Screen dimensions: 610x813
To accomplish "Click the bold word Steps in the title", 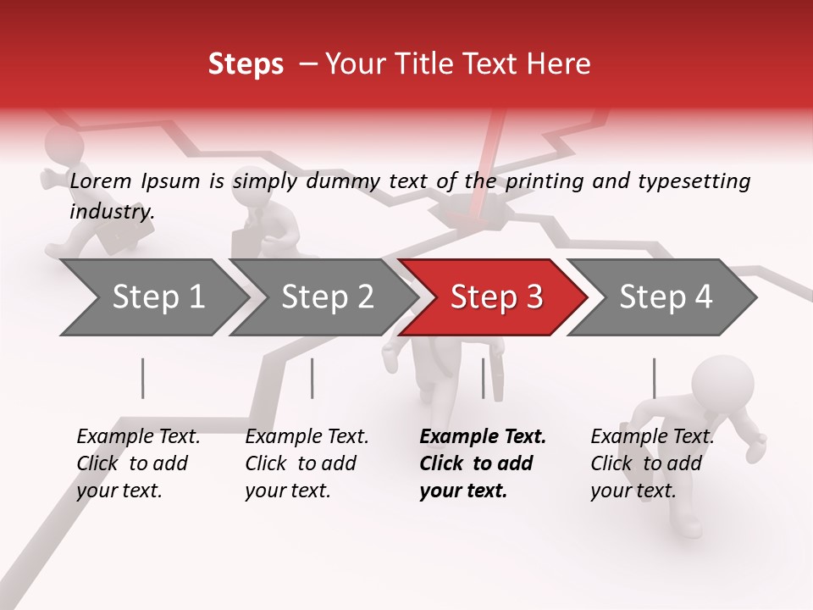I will [246, 64].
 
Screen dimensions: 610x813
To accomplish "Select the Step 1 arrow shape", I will [152, 297].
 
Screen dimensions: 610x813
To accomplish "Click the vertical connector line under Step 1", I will [143, 378].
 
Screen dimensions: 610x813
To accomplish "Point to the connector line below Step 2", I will [312, 378].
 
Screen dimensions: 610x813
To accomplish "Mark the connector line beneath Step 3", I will [484, 378].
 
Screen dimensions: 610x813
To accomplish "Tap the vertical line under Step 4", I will [654, 378].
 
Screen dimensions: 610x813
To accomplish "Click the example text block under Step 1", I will [138, 463].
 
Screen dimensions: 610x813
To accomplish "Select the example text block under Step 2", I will [307, 463].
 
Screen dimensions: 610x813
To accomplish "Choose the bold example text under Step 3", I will [483, 463].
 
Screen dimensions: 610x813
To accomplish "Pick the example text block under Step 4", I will [652, 463].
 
